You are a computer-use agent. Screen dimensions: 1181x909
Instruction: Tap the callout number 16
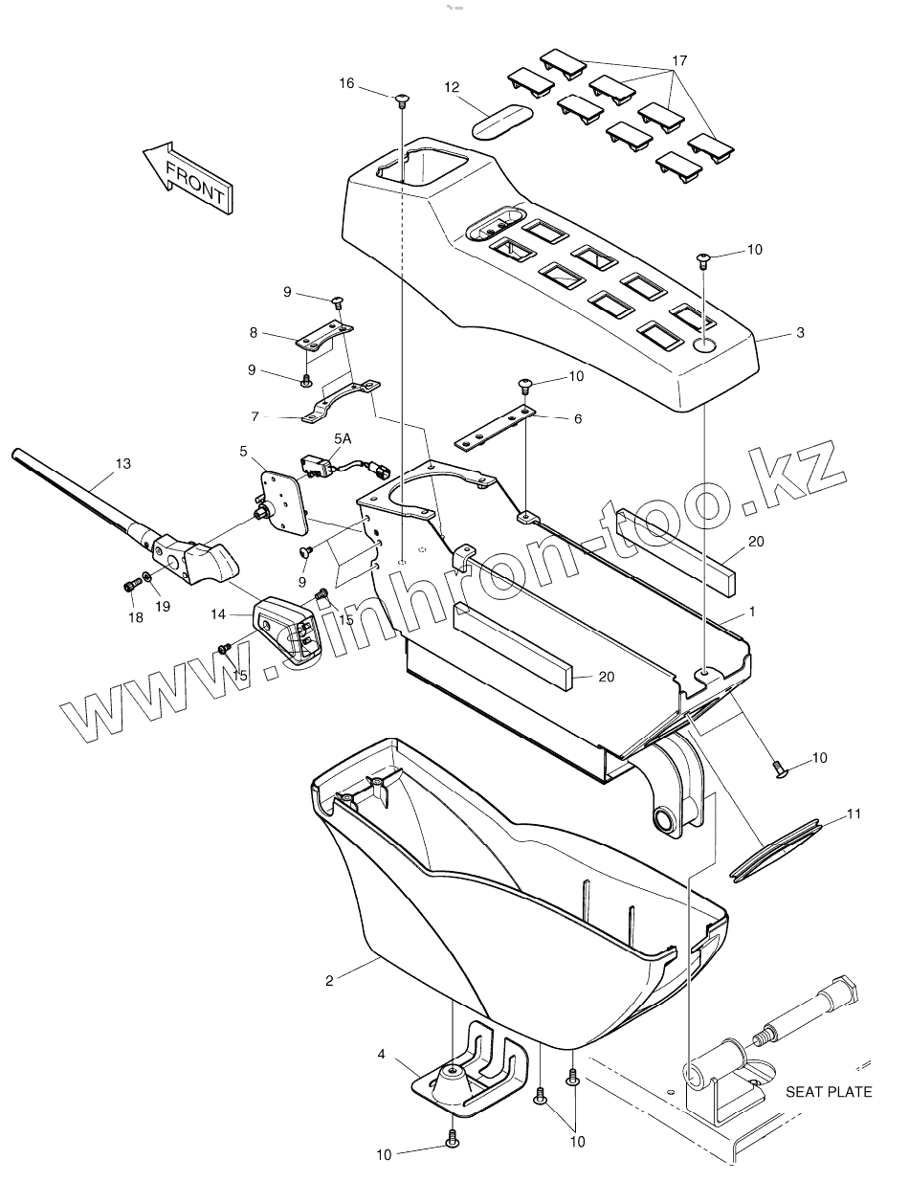click(x=346, y=83)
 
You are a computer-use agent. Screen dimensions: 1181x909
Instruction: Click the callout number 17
click(x=679, y=60)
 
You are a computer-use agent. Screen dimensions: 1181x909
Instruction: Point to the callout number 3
click(x=800, y=333)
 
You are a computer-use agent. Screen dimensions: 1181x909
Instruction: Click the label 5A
click(x=342, y=437)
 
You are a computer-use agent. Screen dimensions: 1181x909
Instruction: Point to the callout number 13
click(x=122, y=463)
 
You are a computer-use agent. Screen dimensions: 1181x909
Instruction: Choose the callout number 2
click(x=329, y=980)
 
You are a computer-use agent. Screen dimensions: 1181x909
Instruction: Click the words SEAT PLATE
click(x=829, y=1091)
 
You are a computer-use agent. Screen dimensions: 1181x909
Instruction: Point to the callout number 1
click(x=753, y=610)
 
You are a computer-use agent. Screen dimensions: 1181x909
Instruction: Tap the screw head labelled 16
click(x=400, y=98)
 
